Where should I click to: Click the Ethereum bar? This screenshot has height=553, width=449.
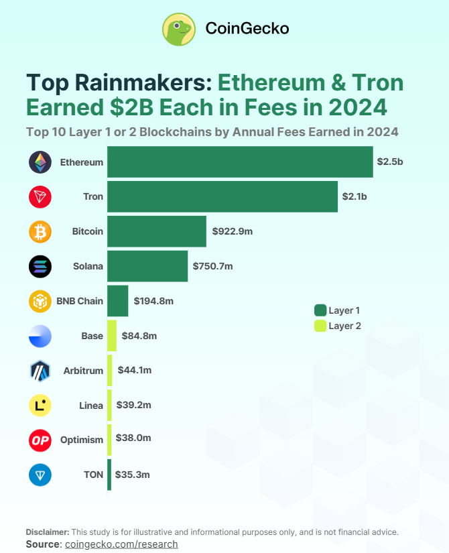[x=240, y=162]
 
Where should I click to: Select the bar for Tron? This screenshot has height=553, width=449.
[x=222, y=196]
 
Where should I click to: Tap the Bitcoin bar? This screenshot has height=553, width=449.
[x=157, y=231]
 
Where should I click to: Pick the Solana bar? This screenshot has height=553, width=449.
[x=147, y=266]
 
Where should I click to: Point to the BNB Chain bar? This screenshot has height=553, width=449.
[x=117, y=301]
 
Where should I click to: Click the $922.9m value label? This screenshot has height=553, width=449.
[x=232, y=231]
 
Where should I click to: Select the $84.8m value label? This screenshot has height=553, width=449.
[x=139, y=336]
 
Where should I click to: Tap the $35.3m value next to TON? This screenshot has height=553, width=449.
[x=131, y=475]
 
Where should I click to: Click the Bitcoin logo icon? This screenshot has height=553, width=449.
[x=40, y=232]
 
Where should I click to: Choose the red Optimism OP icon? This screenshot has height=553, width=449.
[x=40, y=440]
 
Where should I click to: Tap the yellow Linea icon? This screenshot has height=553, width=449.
[x=40, y=406]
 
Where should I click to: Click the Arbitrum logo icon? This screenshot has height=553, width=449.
[x=40, y=371]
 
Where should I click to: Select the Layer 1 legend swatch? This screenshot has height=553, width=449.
[x=320, y=310]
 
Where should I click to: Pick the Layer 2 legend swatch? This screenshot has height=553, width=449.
[x=320, y=326]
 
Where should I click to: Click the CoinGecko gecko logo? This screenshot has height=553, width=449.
[x=178, y=29]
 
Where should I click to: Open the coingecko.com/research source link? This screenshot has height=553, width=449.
[x=121, y=544]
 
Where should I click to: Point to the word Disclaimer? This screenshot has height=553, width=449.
[x=48, y=532]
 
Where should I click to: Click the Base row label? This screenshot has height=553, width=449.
[x=92, y=336]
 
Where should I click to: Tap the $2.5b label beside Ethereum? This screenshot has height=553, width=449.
[x=391, y=162]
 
